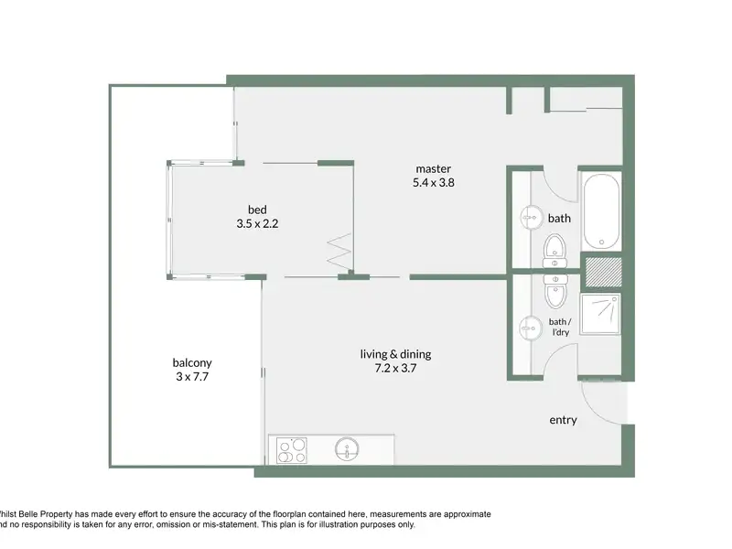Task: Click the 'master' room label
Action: tap(433, 168)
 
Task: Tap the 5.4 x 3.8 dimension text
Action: tap(433, 182)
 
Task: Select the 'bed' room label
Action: tap(257, 210)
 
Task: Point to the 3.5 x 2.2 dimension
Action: tap(257, 223)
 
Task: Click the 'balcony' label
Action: tap(192, 362)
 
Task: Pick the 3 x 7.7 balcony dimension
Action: tap(192, 376)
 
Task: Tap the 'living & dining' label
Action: tap(395, 354)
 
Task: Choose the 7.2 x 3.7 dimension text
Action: tap(395, 369)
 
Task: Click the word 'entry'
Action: tap(563, 420)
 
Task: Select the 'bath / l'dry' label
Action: tap(560, 327)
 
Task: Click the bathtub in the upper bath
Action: tap(602, 211)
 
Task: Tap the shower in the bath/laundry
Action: tap(600, 314)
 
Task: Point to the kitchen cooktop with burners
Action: tap(292, 450)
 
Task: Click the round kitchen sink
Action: tap(347, 449)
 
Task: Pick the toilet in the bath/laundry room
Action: tap(555, 292)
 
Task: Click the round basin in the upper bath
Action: tap(532, 218)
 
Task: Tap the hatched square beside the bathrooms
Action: tap(604, 272)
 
